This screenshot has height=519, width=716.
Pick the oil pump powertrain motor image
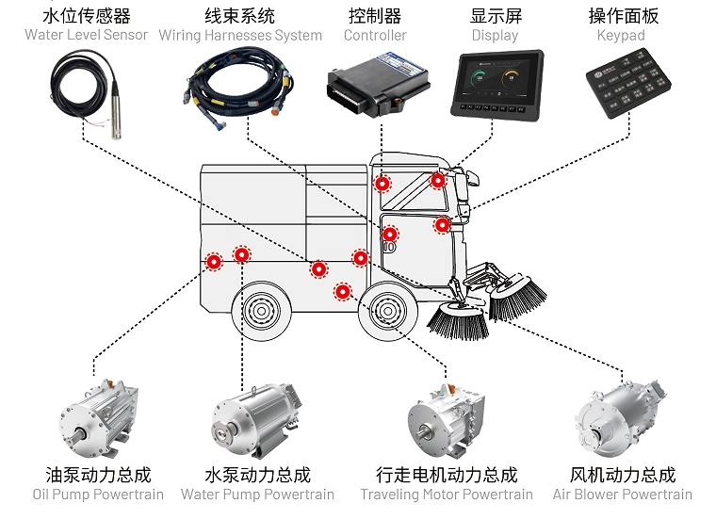tap(100, 414)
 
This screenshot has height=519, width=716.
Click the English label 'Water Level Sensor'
tap(86, 35)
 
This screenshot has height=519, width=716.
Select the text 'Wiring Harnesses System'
tap(239, 35)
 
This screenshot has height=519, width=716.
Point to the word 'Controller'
tap(374, 35)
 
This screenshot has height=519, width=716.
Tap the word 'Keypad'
tap(621, 35)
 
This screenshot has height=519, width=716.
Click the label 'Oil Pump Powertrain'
tap(98, 495)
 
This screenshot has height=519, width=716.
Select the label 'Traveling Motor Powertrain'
tap(447, 495)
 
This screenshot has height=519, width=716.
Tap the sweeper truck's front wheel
tap(388, 310)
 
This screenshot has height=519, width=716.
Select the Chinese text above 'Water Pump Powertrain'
tap(257, 475)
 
